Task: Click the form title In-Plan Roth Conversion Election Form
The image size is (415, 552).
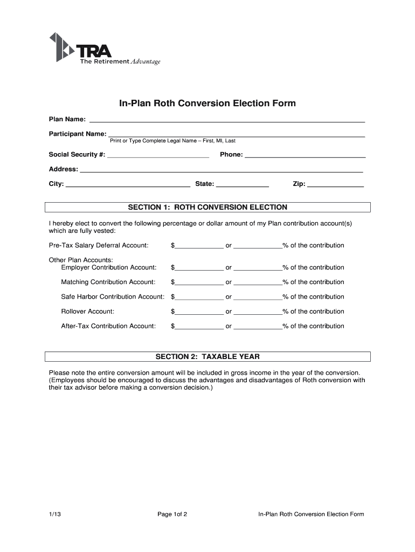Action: tap(207, 103)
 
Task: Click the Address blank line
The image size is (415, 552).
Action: tap(221, 169)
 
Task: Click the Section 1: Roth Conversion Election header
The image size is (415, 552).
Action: tap(207, 207)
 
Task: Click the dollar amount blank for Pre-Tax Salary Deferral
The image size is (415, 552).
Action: tap(199, 245)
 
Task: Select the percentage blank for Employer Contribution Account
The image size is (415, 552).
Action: tap(258, 267)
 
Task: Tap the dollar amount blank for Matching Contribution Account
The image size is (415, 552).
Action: tap(199, 282)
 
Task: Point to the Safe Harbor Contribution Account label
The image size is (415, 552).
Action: tap(112, 296)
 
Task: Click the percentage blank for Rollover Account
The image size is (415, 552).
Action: tap(258, 311)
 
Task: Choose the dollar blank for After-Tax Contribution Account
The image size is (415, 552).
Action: tap(199, 326)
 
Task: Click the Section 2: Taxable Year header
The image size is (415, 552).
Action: tap(207, 356)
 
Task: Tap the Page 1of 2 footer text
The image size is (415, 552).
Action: tap(172, 514)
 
